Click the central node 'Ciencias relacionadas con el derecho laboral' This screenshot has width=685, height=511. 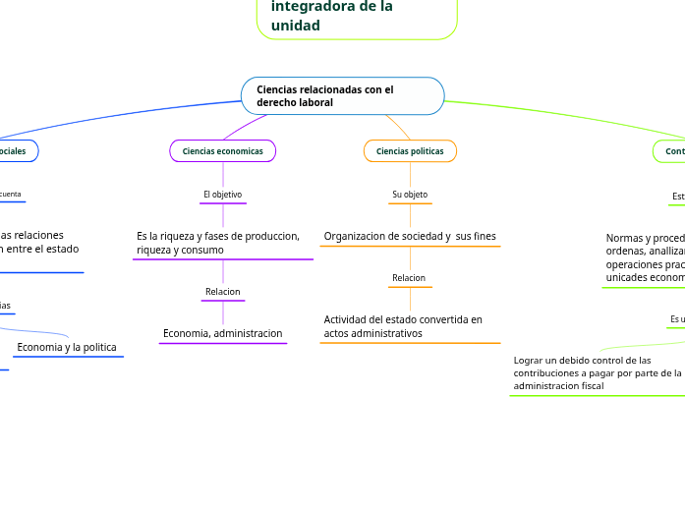point(342,96)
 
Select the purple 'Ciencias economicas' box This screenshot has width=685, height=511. point(223,151)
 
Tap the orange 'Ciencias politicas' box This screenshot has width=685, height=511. point(410,151)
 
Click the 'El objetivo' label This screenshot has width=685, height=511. point(222,195)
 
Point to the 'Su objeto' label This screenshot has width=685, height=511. point(410,195)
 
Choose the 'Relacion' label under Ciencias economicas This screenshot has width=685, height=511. point(222,292)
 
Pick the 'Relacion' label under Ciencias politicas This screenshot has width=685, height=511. point(409,278)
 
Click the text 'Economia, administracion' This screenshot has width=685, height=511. point(222,334)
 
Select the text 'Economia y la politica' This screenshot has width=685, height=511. point(67,347)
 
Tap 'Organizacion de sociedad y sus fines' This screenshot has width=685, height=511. point(410,236)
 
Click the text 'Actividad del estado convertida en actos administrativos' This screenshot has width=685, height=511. point(403,326)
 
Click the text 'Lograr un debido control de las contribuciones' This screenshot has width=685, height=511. point(596,373)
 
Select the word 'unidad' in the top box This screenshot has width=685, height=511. point(296,26)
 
